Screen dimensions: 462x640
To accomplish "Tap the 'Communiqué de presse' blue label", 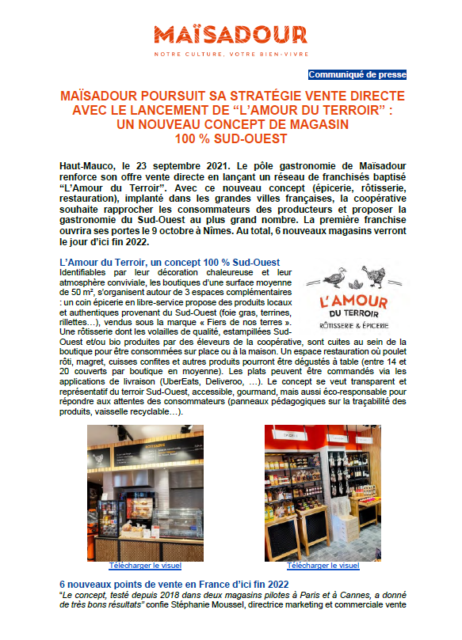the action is click(357, 74).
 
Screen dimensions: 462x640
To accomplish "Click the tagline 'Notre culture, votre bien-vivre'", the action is click(231, 54).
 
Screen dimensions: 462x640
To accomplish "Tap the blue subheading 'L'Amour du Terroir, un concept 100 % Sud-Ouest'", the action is click(170, 262).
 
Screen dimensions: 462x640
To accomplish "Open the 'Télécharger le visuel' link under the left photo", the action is click(145, 566).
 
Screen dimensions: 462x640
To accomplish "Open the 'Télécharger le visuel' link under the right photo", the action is click(323, 566).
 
